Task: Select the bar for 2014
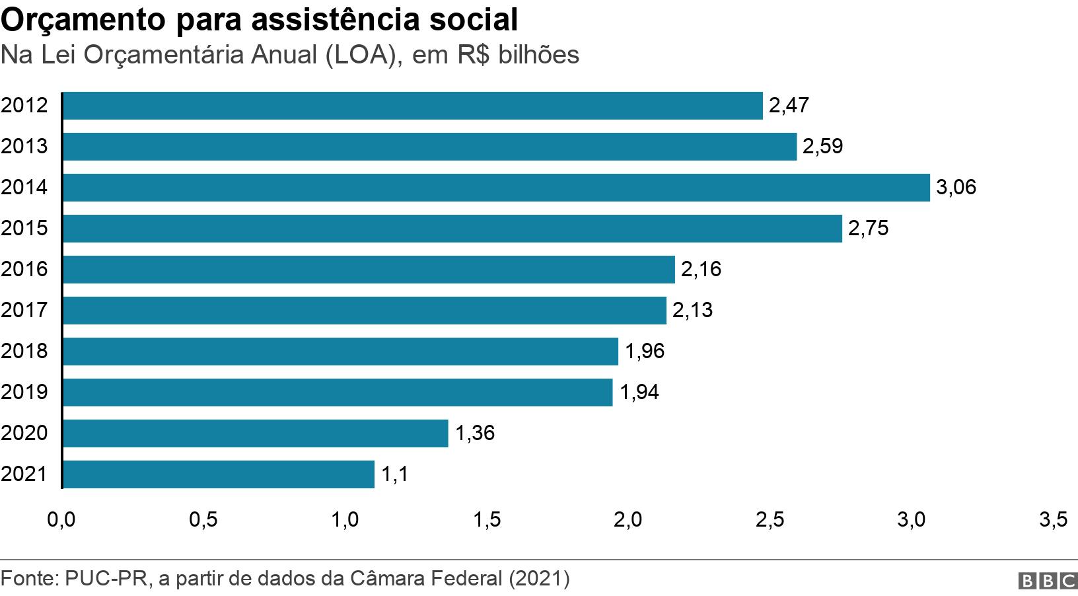pyautogui.click(x=495, y=188)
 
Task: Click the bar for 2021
pyautogui.click(x=218, y=474)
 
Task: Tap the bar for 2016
pyautogui.click(x=369, y=270)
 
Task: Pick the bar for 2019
pyautogui.click(x=337, y=392)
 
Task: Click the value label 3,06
pyautogui.click(x=956, y=188)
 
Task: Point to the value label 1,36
pyautogui.click(x=475, y=433)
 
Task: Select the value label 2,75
pyautogui.click(x=868, y=229)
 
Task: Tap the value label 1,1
pyautogui.click(x=394, y=474)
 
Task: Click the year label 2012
pyautogui.click(x=24, y=106)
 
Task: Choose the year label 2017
pyautogui.click(x=24, y=311)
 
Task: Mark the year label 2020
pyautogui.click(x=24, y=433)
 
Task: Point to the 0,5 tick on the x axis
pyautogui.click(x=203, y=520)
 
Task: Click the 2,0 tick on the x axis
pyautogui.click(x=628, y=520)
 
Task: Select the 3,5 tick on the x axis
pyautogui.click(x=1052, y=520)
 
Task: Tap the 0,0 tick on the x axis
pyautogui.click(x=61, y=520)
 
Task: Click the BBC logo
pyautogui.click(x=1048, y=581)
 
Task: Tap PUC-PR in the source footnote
pyautogui.click(x=109, y=579)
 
